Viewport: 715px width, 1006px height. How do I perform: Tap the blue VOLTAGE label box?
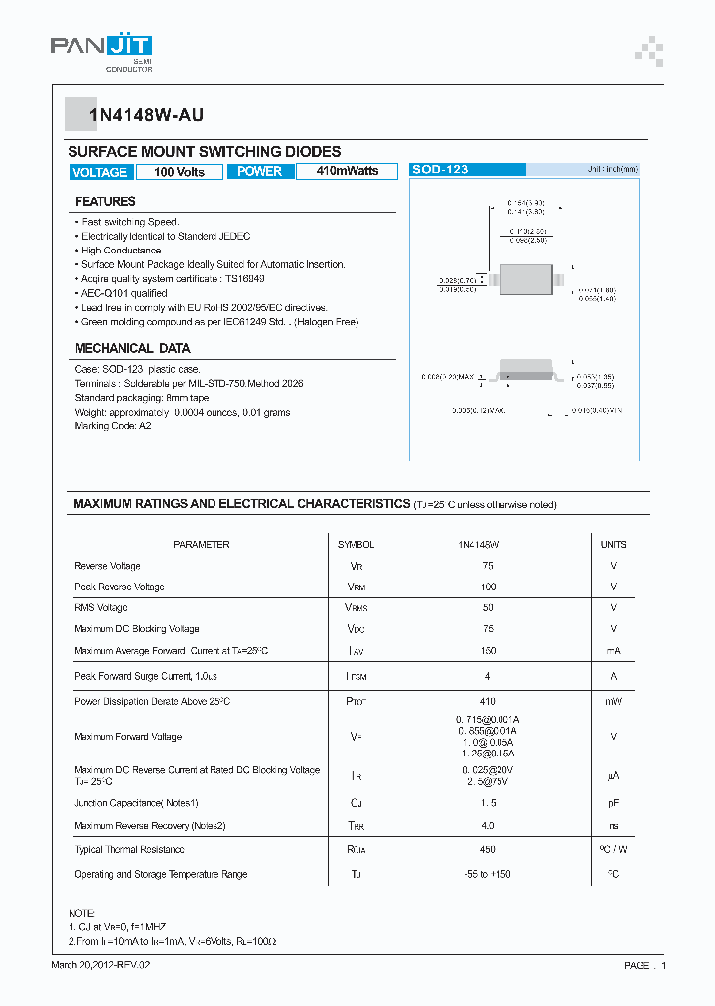pos(99,172)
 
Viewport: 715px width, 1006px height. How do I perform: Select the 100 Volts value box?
pos(179,172)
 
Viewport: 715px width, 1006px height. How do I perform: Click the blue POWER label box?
pos(260,172)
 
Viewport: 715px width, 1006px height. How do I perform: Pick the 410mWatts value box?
pos(347,171)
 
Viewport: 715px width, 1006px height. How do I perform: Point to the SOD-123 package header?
pos(440,170)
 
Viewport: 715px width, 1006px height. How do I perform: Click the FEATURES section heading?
pos(105,202)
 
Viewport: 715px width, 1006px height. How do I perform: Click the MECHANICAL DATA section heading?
pos(132,349)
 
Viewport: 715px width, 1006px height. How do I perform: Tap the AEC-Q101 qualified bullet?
pos(124,293)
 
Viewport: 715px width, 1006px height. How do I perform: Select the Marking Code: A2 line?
pos(113,425)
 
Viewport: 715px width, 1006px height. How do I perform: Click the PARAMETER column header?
pos(201,545)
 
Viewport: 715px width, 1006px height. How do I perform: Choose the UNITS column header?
pos(613,545)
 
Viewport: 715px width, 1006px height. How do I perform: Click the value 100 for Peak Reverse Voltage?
pos(488,587)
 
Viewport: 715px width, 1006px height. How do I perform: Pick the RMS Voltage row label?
pos(101,607)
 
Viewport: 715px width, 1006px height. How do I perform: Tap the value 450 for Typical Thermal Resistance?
pos(488,849)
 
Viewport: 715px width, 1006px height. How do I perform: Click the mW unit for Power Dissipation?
pos(613,701)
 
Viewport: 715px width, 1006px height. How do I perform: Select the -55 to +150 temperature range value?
pos(488,874)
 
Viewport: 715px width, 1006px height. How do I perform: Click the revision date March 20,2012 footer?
pos(101,965)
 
